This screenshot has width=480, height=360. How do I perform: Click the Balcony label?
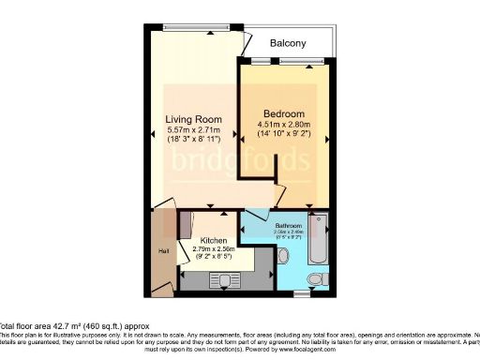click(288, 44)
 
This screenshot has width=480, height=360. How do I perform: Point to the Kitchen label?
click(215, 241)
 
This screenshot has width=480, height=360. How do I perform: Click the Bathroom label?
click(288, 226)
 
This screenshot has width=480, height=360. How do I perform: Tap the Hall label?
click(163, 250)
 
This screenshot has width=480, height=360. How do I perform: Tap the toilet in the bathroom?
click(316, 279)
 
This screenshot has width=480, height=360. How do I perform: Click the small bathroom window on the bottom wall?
click(299, 294)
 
